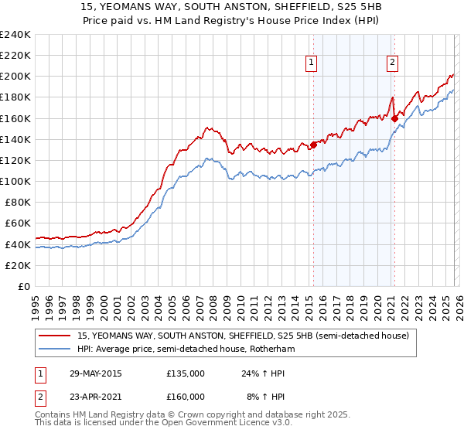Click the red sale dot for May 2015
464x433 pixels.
click(x=313, y=145)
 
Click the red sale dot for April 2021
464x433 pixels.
click(x=394, y=118)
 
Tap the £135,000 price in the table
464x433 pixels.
click(x=185, y=373)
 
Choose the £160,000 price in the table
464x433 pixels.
click(x=185, y=396)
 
